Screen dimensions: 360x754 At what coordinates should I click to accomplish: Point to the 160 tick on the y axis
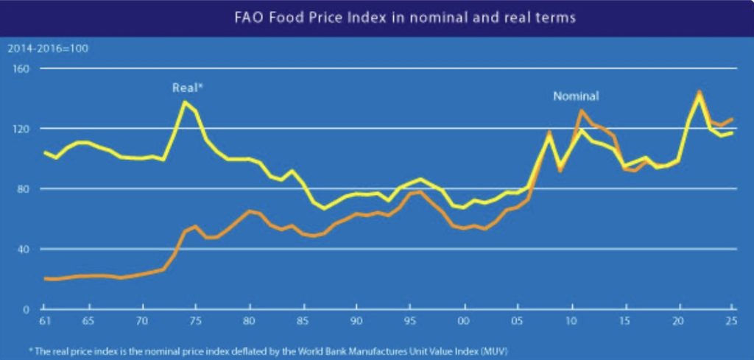tap(20, 68)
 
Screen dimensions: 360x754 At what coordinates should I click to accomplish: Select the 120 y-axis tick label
tap(20, 129)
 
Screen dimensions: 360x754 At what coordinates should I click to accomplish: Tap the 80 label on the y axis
tap(22, 189)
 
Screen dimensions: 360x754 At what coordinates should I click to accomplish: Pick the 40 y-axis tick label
tap(22, 249)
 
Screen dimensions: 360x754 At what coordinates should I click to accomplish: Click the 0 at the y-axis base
tap(25, 309)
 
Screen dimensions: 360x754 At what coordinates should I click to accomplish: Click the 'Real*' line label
tap(187, 87)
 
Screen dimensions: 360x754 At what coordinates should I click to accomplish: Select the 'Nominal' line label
tap(576, 96)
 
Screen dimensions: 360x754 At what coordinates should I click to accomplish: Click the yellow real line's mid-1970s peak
tap(184, 102)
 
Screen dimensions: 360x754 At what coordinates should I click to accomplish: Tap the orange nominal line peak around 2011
tap(582, 110)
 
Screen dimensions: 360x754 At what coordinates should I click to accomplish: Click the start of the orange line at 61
tap(46, 279)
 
